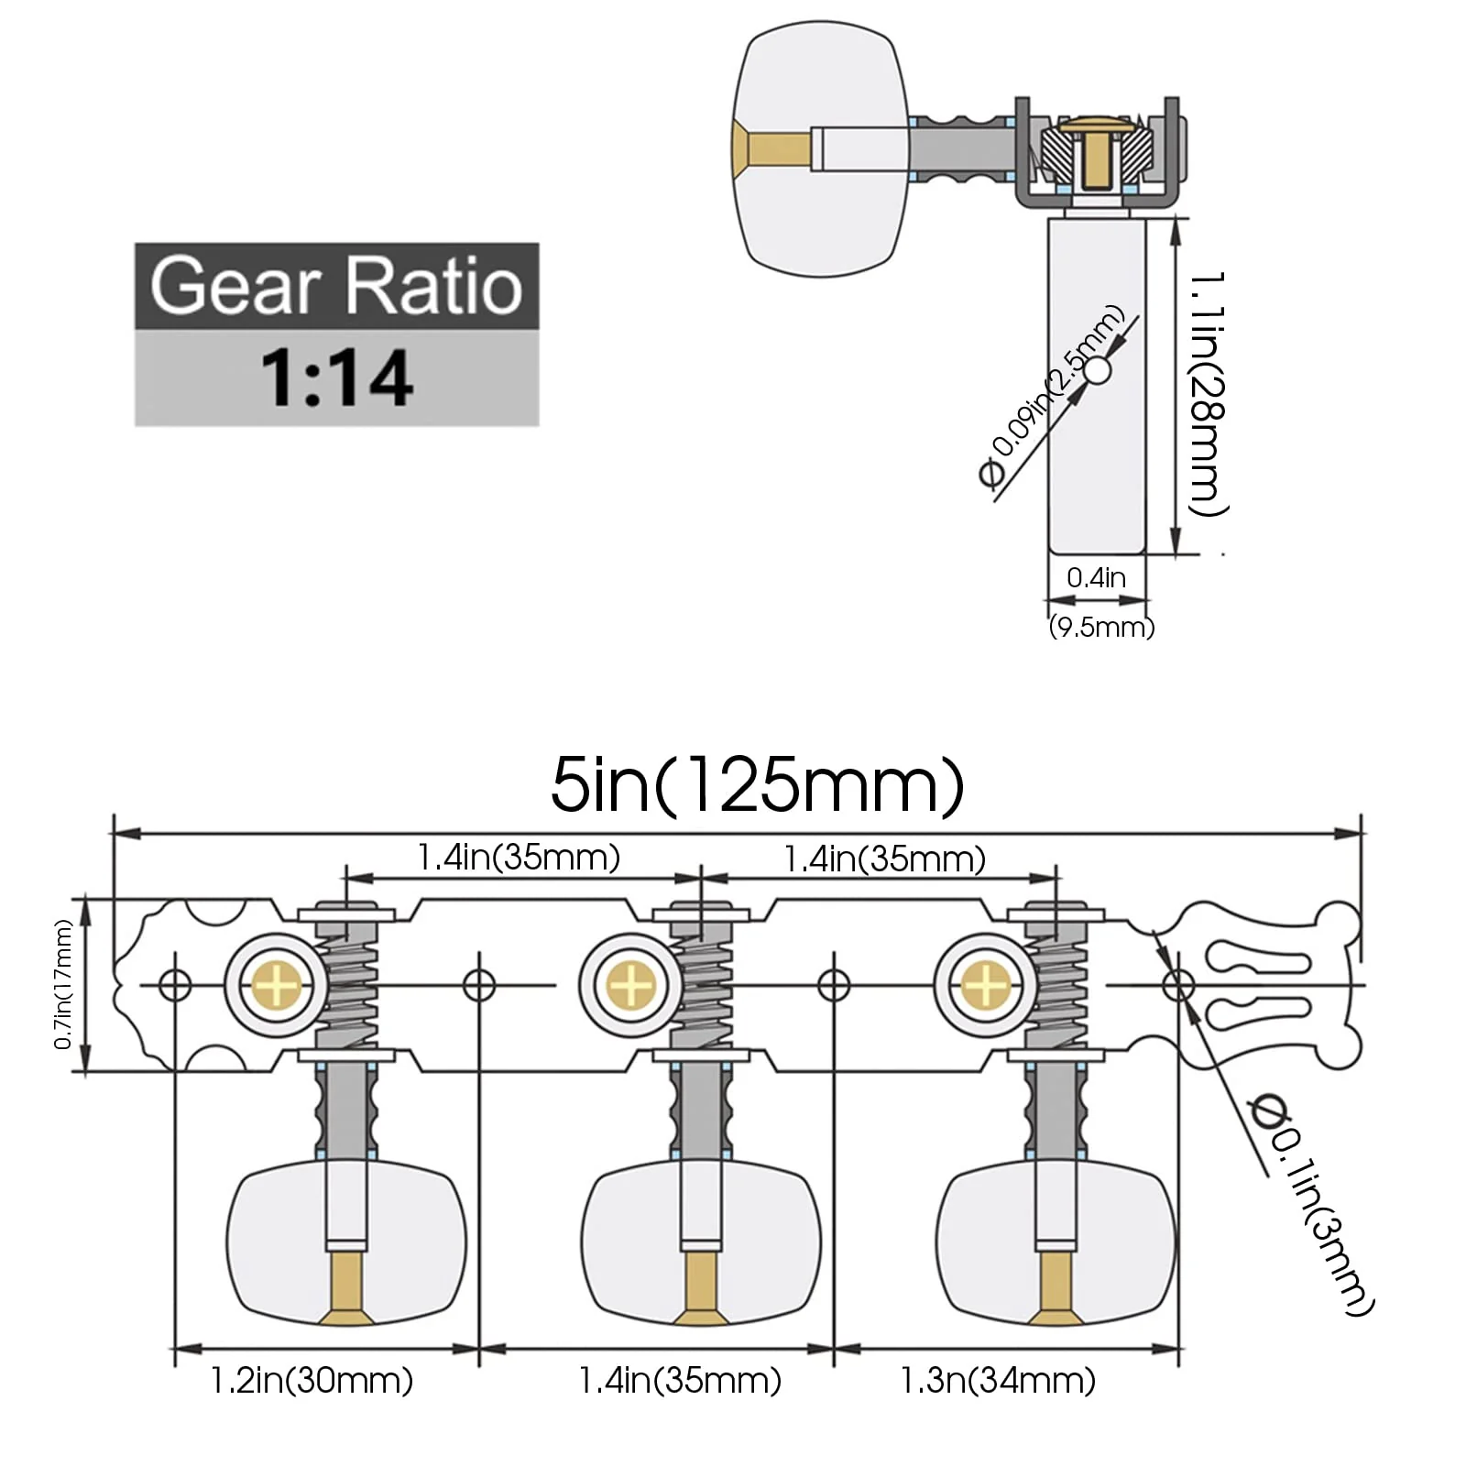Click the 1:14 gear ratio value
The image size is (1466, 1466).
[x=336, y=377]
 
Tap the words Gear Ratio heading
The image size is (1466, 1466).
[x=336, y=285]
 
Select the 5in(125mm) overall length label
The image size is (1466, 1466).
[x=757, y=785]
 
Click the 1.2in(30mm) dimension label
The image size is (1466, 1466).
[x=312, y=1380]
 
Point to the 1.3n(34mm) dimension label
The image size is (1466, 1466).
[x=998, y=1380]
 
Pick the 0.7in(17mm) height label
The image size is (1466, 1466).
[x=62, y=985]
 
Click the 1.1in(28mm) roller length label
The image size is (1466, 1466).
[x=1208, y=392]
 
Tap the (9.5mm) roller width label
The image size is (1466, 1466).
[x=1101, y=628]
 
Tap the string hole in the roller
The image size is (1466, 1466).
[x=1098, y=371]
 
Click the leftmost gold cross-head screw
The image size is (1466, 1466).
[x=275, y=986]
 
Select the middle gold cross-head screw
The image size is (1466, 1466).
[x=630, y=986]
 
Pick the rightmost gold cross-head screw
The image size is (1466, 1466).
[x=986, y=986]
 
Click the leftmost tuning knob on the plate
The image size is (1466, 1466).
[x=346, y=1243]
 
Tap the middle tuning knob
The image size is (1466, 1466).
[x=701, y=1243]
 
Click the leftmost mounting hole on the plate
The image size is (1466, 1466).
[x=175, y=986]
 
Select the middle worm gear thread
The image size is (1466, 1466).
[x=702, y=985]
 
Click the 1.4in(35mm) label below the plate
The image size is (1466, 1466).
[x=680, y=1380]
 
